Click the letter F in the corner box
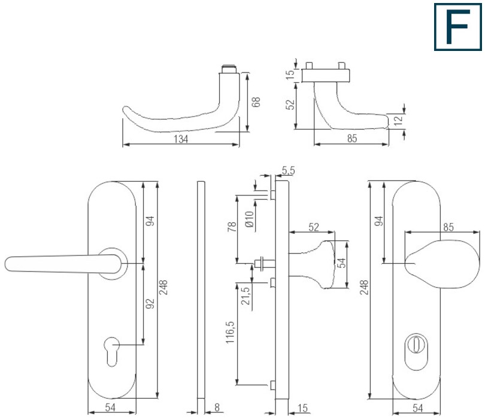click(457, 26)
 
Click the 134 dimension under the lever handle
click(181, 139)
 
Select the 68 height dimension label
click(256, 102)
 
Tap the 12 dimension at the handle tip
click(398, 119)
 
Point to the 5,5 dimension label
click(288, 170)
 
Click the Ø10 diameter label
click(249, 219)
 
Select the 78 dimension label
click(232, 227)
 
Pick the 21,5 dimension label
click(245, 296)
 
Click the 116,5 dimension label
click(230, 332)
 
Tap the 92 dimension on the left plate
click(150, 303)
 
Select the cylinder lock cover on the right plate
click(416, 352)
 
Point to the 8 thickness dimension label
click(217, 408)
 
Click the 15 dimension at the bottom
click(302, 408)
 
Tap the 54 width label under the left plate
click(110, 408)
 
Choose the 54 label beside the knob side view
click(341, 263)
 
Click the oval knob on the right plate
click(443, 264)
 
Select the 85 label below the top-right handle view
click(352, 138)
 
